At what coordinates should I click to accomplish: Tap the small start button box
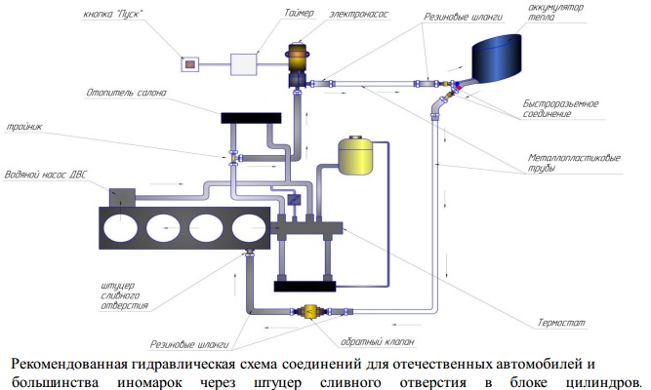click(x=191, y=63)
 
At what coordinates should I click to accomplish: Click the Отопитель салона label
click(x=125, y=94)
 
